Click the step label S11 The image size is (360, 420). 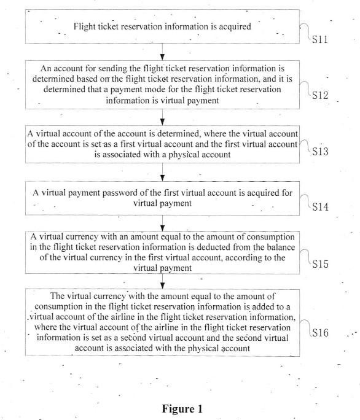coord(320,39)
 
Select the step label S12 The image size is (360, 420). coord(320,95)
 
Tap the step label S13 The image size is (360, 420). coord(320,151)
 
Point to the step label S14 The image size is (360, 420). coord(320,207)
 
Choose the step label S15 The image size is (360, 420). coord(320,264)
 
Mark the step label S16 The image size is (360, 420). coord(320,333)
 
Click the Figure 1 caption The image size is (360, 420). coord(182,409)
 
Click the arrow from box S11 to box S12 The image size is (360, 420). coord(162,52)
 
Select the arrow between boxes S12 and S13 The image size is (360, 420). coord(162,117)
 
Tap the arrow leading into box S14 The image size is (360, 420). coord(162,172)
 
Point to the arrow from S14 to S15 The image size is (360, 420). coord(162,224)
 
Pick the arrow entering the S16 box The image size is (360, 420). coord(162,281)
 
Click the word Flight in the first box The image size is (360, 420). coord(84,27)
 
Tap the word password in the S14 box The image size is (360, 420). coord(118,193)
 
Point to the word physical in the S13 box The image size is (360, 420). coord(184,155)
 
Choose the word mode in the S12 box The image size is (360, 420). coord(154,89)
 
